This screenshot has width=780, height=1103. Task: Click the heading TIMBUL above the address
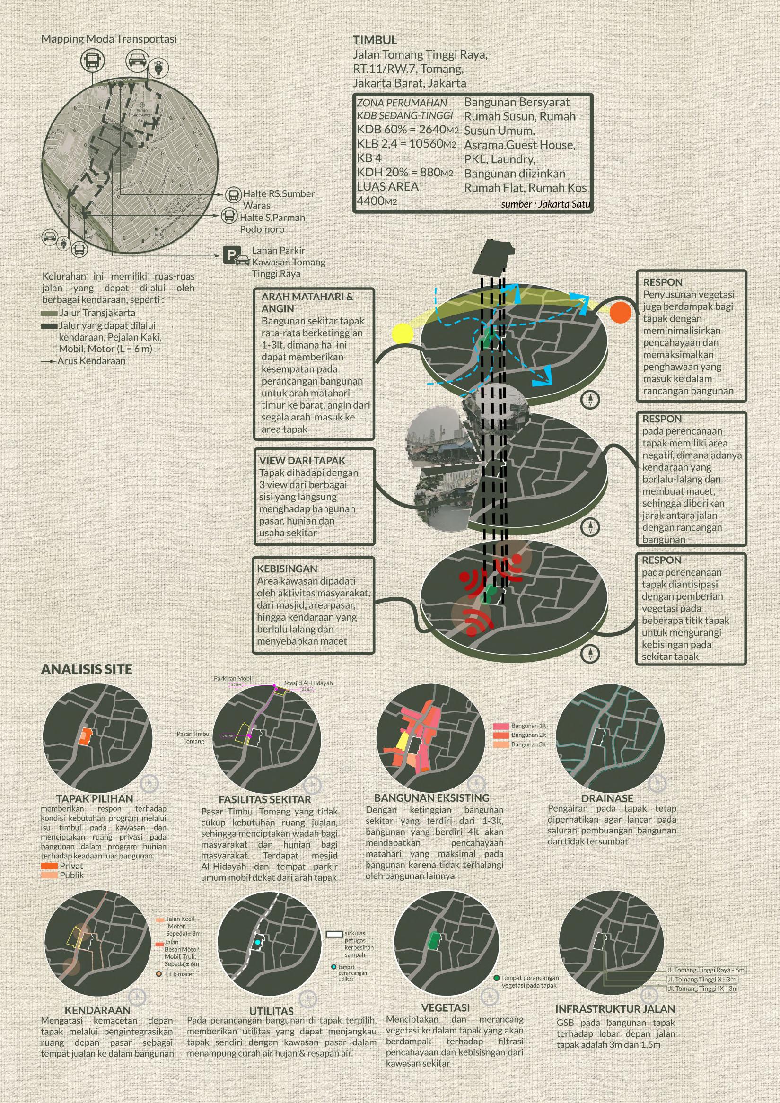click(x=375, y=40)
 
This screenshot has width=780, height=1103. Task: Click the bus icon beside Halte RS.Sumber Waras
click(x=233, y=195)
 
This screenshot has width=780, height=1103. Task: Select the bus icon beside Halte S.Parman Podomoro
click(x=229, y=216)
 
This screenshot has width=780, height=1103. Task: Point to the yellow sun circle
click(x=403, y=333)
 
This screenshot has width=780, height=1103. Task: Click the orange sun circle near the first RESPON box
click(x=620, y=312)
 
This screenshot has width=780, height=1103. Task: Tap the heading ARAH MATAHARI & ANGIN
click(x=307, y=303)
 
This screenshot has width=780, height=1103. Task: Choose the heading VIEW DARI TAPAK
click(x=302, y=460)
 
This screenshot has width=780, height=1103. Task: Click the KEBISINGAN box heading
click(x=287, y=569)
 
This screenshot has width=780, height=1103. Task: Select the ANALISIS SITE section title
click(x=87, y=670)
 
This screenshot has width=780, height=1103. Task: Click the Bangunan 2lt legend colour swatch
click(x=501, y=735)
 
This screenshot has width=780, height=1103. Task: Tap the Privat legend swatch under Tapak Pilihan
click(x=50, y=866)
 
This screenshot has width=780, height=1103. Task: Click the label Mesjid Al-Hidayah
click(x=308, y=683)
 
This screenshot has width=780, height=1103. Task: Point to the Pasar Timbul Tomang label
click(x=193, y=737)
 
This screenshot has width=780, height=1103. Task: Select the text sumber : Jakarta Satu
click(x=545, y=204)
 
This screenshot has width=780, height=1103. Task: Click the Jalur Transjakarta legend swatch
click(x=50, y=313)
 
